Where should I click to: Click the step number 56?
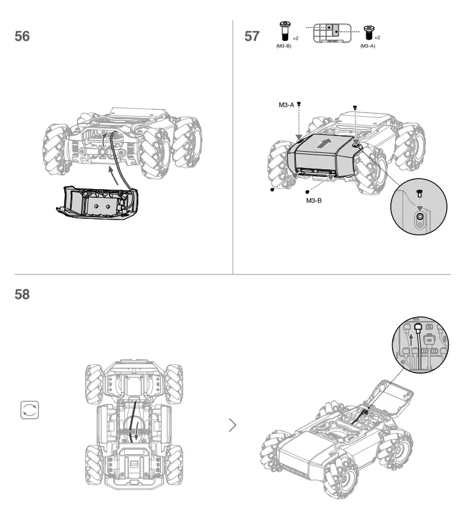click(22, 36)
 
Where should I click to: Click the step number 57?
click(252, 36)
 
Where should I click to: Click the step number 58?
click(22, 294)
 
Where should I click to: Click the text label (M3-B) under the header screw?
click(284, 46)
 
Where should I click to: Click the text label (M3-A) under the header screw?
click(368, 46)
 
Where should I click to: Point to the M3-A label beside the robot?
click(286, 105)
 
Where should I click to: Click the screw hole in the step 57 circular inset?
click(419, 220)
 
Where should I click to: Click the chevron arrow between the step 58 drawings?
click(233, 424)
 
